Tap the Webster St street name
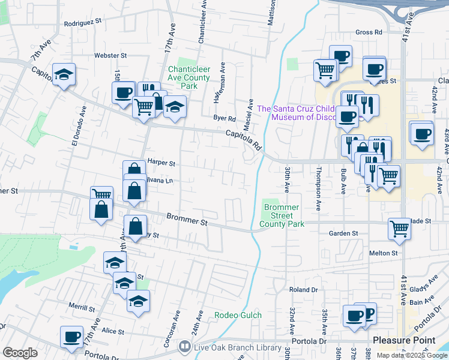[110, 55]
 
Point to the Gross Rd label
[369, 32]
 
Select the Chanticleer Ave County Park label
[188, 77]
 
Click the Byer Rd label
[223, 118]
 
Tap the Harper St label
[161, 163]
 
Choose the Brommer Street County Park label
[282, 216]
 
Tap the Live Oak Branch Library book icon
[185, 347]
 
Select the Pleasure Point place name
[404, 340]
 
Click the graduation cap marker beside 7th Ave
[64, 75]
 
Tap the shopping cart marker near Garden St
[399, 228]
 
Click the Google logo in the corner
[20, 353]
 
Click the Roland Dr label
[303, 289]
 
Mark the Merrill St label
[82, 308]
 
